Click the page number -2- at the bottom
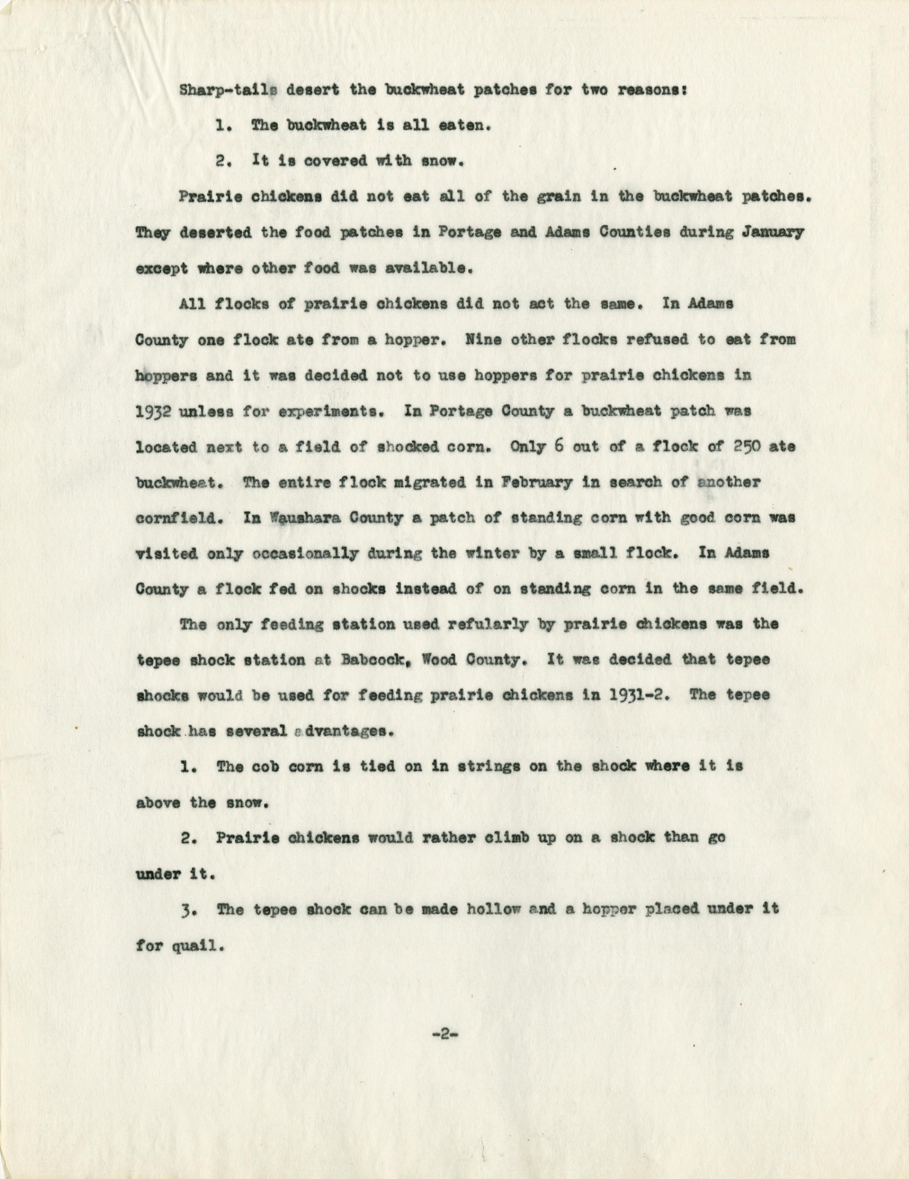[445, 1036]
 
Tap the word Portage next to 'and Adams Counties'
[466, 233]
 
